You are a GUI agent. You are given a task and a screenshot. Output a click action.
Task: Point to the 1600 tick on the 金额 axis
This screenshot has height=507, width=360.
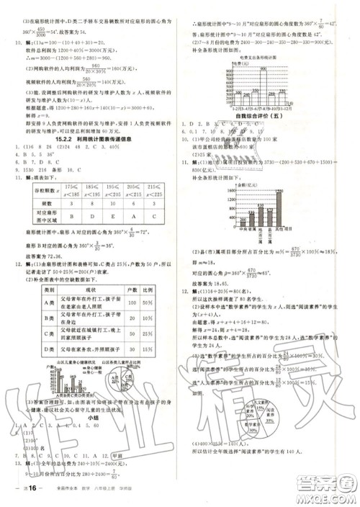coord(224,189)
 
